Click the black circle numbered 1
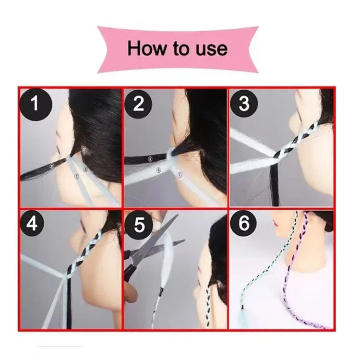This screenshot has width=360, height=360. coord(36,104)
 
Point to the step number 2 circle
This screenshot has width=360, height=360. coord(138,104)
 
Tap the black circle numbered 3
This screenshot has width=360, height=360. coord(244,104)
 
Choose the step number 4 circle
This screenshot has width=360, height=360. coord(32,224)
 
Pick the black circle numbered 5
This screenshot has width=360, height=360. coord(139,225)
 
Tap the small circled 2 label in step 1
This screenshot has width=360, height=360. coord(52,166)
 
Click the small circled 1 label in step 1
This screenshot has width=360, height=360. coord(77,176)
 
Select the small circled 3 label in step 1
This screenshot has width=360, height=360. coord(85,169)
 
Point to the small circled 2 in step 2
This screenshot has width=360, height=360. coord(150,159)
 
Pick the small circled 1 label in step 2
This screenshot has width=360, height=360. coord(180,175)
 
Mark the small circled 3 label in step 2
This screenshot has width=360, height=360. coord(158,170)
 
